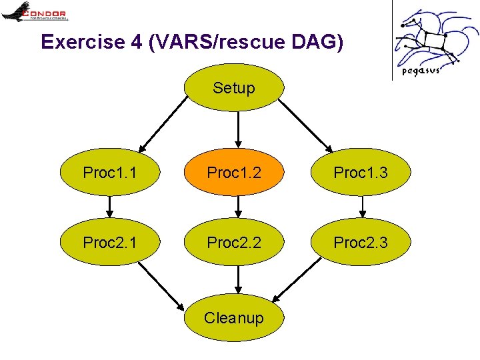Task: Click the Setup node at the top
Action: (234, 87)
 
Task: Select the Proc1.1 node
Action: (110, 173)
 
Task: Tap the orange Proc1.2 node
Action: (234, 173)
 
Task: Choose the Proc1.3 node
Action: (361, 173)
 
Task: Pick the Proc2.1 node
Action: (110, 242)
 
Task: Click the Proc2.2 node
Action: (234, 242)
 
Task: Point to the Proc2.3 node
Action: (361, 242)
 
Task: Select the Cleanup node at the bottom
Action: (234, 317)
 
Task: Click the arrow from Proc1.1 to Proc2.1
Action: (110, 207)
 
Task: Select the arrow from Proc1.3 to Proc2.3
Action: (362, 207)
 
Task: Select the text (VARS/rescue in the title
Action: (217, 42)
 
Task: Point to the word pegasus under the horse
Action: (420, 71)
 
